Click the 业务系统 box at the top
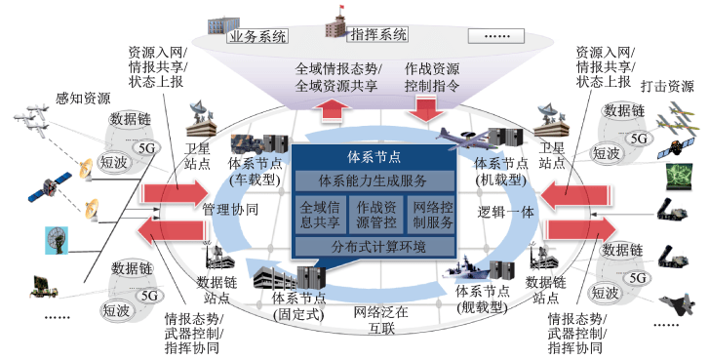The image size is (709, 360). tap(256, 38)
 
